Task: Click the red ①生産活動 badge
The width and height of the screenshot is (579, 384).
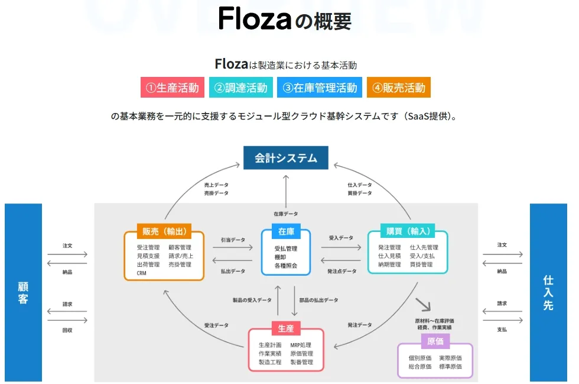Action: (173, 88)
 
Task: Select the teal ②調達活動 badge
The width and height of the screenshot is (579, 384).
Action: (240, 88)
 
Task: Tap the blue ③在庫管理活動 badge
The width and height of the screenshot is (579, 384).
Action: (320, 88)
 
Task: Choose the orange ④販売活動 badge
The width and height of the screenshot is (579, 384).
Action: (398, 88)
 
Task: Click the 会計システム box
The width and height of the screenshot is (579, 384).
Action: (286, 158)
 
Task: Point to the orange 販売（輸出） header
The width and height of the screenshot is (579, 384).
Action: (164, 231)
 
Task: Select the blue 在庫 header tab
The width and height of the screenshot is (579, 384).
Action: (286, 231)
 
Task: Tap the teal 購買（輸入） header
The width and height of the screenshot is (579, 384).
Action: (408, 231)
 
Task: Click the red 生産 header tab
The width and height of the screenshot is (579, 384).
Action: (286, 328)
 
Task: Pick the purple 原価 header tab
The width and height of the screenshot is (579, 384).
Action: (435, 340)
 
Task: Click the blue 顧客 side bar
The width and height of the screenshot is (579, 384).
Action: (23, 292)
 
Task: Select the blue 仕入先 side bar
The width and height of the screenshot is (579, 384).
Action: (548, 292)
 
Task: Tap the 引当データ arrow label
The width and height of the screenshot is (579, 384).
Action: (233, 240)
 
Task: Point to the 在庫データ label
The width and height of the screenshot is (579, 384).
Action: (286, 214)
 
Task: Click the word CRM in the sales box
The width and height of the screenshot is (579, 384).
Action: (142, 273)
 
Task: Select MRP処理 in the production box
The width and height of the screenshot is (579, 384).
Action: (301, 345)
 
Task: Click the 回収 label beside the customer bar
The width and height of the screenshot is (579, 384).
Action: (67, 330)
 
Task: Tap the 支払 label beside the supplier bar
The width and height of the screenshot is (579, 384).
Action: (502, 330)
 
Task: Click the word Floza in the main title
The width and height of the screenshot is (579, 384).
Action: (255, 19)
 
